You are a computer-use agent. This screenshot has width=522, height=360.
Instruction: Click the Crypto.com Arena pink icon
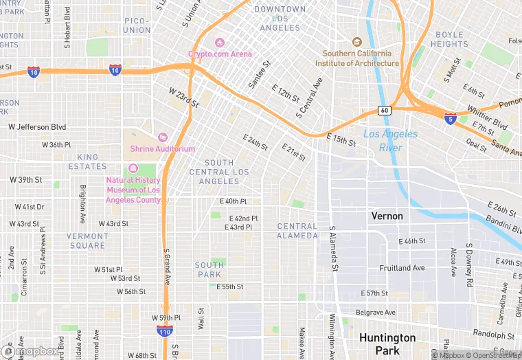point(220,43)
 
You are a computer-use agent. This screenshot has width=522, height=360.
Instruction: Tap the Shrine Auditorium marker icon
point(163,137)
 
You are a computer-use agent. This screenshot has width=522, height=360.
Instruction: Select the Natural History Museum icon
point(133,169)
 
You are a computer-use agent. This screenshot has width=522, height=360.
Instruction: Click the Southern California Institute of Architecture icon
point(356,43)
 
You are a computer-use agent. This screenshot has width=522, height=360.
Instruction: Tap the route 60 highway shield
point(385,110)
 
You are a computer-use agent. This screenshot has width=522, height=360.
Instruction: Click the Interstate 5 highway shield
point(451,118)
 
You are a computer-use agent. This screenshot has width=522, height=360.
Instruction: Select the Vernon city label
point(387,216)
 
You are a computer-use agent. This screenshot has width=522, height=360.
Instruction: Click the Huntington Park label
point(387,344)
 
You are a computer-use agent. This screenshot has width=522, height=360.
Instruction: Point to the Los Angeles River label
point(390,140)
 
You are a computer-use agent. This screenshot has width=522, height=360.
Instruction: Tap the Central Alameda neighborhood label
point(297,231)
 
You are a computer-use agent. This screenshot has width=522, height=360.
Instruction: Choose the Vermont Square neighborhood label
point(87,240)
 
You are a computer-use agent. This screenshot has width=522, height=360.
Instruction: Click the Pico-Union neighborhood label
point(137,26)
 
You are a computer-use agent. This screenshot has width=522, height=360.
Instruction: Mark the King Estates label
point(87,161)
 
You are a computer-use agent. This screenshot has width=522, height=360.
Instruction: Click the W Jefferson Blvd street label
point(37,127)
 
